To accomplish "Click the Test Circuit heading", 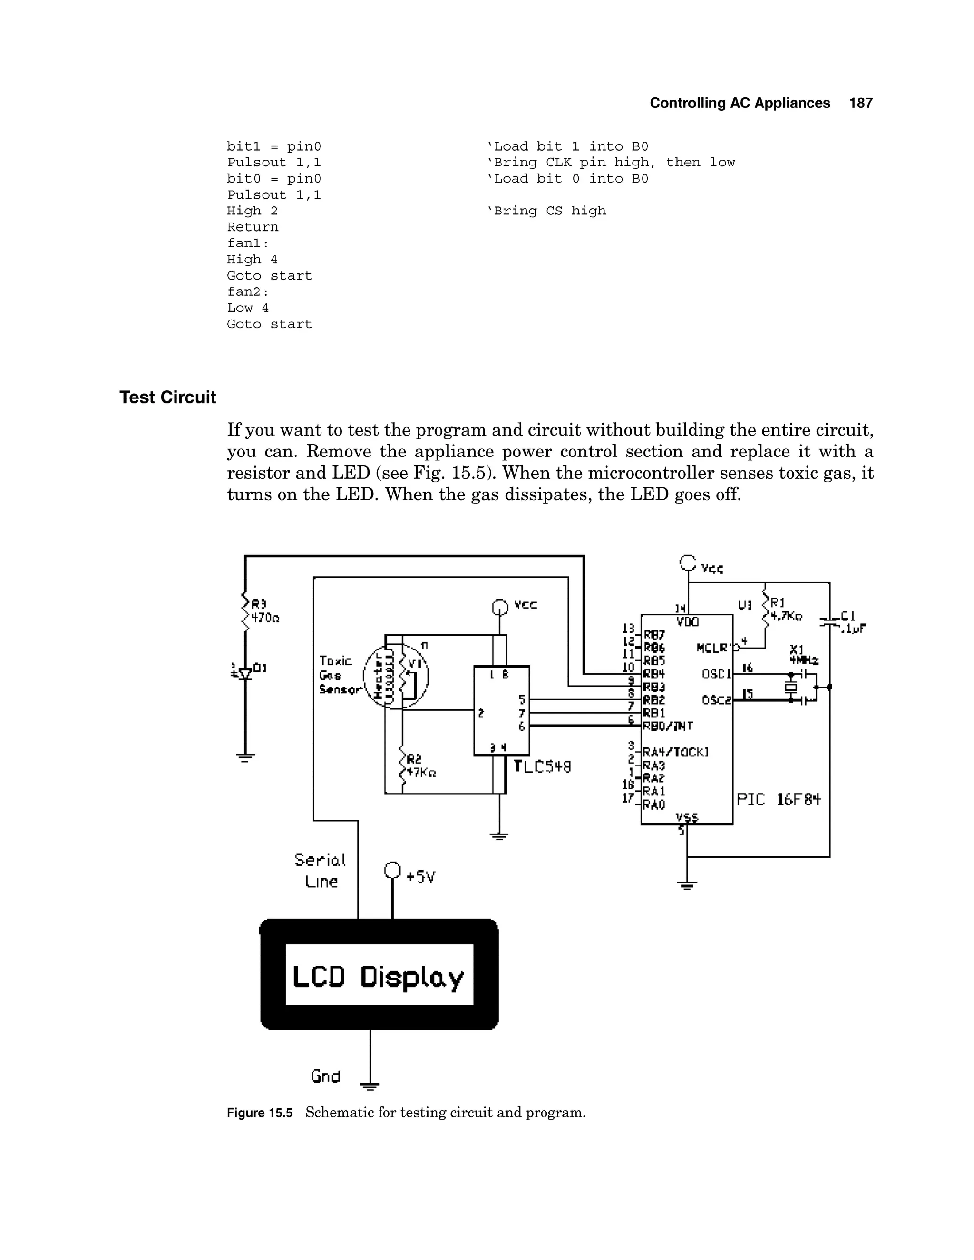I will click(167, 397).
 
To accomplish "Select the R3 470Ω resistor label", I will click(264, 611).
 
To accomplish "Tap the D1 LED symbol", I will click(245, 673).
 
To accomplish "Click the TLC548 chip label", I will click(542, 767).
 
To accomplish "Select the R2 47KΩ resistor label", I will click(420, 766).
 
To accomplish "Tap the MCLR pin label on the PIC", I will click(713, 648).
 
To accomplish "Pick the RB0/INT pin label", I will click(668, 726).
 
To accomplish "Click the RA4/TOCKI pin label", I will click(675, 752).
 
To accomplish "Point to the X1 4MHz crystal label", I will click(804, 655).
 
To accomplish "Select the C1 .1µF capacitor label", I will click(852, 622).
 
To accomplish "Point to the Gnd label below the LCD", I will click(325, 1076).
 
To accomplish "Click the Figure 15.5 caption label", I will click(260, 1112).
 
